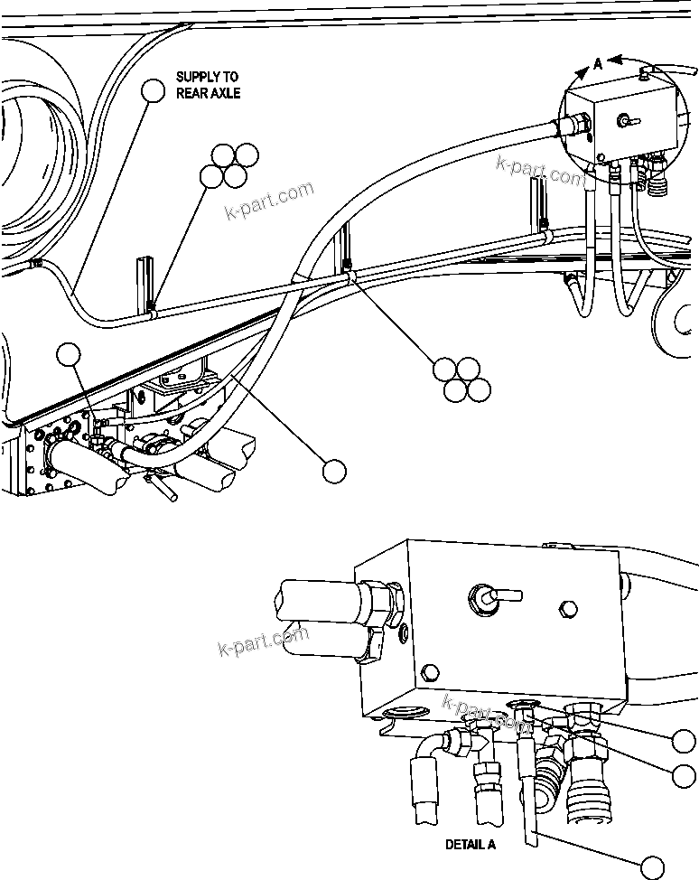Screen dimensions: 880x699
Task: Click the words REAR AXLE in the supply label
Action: pyautogui.click(x=208, y=93)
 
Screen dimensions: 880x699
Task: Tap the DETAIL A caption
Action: pyautogui.click(x=471, y=845)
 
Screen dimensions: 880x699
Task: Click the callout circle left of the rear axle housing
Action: pyautogui.click(x=71, y=356)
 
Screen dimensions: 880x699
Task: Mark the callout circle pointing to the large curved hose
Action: pyautogui.click(x=334, y=470)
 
